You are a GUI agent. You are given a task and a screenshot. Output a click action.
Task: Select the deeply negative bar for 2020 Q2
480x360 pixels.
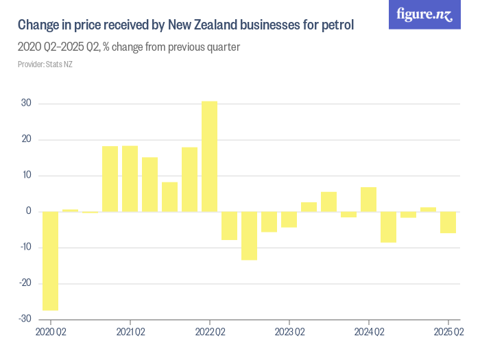[50, 261]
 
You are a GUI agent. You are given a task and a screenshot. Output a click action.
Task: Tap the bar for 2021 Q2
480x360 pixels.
[130, 178]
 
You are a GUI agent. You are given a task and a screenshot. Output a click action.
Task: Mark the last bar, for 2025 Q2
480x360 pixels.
[448, 222]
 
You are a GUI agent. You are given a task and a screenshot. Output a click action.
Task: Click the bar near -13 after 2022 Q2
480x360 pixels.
[249, 235]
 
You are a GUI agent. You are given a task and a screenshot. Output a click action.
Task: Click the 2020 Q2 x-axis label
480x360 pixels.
[51, 333]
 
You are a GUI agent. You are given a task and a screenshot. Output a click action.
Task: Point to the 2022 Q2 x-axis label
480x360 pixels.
[210, 333]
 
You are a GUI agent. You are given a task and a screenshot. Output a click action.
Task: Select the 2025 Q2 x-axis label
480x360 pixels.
[448, 333]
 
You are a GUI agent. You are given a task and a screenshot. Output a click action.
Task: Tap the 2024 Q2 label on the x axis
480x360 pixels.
[369, 333]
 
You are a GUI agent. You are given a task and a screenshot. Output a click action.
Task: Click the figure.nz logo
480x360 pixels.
[424, 14]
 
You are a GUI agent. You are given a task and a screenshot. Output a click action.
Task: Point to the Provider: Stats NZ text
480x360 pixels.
[45, 64]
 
